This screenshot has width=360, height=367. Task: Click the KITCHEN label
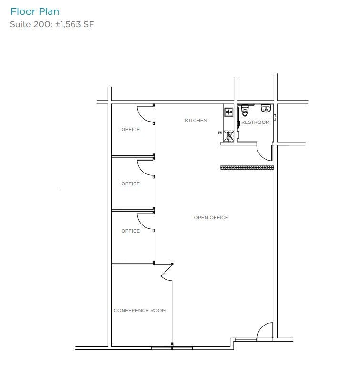[x=196, y=121]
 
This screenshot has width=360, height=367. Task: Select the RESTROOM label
[x=255, y=122]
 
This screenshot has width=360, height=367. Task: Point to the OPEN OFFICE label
[x=211, y=218]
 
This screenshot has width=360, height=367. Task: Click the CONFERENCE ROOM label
[x=140, y=311]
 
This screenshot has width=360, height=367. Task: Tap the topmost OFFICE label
[x=130, y=130]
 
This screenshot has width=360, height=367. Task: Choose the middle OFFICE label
[x=130, y=184]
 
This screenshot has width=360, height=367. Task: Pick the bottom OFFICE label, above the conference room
[x=130, y=231]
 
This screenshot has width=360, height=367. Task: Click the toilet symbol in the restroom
[x=245, y=112]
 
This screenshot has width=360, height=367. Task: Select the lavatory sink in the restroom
[x=266, y=109]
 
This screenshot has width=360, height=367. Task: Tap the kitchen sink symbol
[x=229, y=112]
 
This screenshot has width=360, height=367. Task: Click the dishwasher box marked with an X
[x=229, y=136]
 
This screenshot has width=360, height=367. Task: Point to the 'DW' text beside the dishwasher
[x=220, y=132]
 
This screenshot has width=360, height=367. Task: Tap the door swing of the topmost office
[x=145, y=114]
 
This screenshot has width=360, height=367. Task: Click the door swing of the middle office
[x=145, y=168]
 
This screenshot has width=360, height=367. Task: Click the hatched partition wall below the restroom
[x=247, y=167]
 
